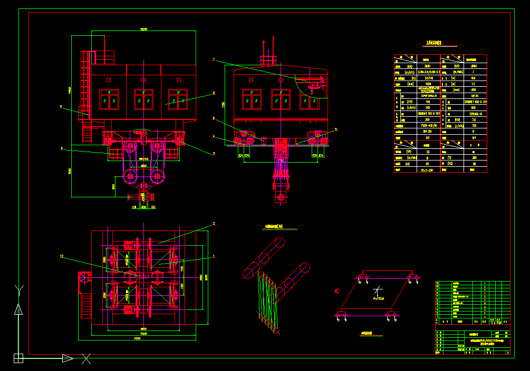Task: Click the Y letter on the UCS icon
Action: pyautogui.click(x=19, y=289)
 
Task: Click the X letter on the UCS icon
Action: pyautogui.click(x=86, y=359)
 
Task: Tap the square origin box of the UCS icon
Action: pyautogui.click(x=18, y=358)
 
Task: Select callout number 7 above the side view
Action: pyautogui.click(x=214, y=59)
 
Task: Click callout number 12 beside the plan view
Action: pyautogui.click(x=62, y=256)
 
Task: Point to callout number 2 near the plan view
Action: pyautogui.click(x=214, y=224)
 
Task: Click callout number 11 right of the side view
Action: pyautogui.click(x=336, y=129)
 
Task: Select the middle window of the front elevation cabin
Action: pyautogui.click(x=143, y=99)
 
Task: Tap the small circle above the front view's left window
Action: pyautogui.click(x=108, y=80)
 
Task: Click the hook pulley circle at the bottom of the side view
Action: pyautogui.click(x=281, y=197)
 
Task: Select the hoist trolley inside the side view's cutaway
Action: pyautogui.click(x=315, y=84)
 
